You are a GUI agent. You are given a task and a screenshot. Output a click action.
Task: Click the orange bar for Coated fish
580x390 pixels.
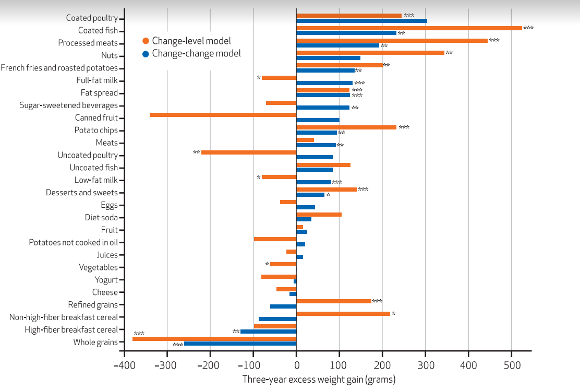pos(409,28)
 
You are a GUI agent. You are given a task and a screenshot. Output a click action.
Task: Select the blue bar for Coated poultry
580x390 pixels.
pos(361,21)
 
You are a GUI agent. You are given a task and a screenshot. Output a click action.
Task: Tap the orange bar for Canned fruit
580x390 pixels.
pos(223,115)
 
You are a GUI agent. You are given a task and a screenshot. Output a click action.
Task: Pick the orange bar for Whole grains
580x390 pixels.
pos(214,339)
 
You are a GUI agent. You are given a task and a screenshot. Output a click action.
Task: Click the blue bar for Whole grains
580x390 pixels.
pos(240,344)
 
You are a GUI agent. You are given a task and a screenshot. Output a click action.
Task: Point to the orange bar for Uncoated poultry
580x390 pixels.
pos(249,152)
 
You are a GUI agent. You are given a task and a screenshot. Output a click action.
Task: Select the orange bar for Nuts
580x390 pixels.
pos(370,53)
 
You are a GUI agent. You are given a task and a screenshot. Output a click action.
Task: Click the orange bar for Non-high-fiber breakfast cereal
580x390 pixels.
pos(343,314)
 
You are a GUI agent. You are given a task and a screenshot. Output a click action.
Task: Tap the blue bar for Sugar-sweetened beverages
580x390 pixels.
pos(323,108)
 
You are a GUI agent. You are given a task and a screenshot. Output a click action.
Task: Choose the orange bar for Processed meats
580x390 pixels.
pos(392,41)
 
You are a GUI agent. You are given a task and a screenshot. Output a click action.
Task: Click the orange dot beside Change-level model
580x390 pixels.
pos(146,41)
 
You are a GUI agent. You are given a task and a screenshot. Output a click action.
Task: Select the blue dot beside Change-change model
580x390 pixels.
pos(146,53)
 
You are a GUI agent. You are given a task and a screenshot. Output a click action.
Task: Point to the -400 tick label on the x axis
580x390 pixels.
pos(124,366)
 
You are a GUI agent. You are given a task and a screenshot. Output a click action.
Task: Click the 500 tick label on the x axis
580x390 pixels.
pos(511,366)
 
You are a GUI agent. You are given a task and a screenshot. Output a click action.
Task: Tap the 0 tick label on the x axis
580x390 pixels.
pos(296,366)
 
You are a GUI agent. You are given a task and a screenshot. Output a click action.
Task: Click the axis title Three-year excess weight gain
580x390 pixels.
pos(319,380)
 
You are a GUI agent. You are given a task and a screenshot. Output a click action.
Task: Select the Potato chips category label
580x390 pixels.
pos(96,131)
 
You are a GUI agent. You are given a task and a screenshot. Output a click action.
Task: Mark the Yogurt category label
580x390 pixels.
pos(106,280)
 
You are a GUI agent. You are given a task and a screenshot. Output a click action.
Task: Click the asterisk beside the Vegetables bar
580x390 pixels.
pos(267,264)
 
